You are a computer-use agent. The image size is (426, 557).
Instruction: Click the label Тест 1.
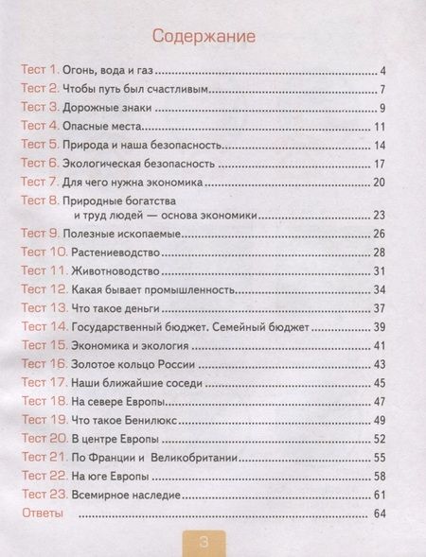(41, 71)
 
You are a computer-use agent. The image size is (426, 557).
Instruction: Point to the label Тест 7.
(41, 181)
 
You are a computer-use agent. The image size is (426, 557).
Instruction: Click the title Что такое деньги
(115, 308)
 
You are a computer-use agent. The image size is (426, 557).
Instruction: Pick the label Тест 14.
(44, 326)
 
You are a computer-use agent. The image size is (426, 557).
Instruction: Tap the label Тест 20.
(44, 438)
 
